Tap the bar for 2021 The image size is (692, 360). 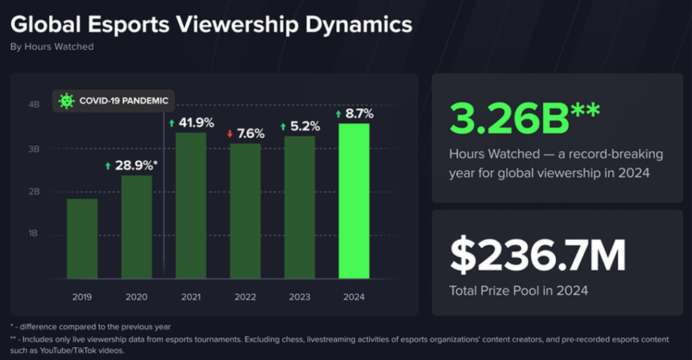click(191, 205)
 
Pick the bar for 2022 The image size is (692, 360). click(245, 211)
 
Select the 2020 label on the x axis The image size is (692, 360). click(136, 297)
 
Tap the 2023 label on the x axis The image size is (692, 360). click(299, 297)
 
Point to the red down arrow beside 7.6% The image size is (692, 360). click(229, 134)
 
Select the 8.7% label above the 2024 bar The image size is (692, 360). click(359, 114)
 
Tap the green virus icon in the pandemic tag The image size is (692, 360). click(66, 101)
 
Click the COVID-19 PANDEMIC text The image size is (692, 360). click(124, 101)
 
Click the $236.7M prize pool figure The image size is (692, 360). click(537, 255)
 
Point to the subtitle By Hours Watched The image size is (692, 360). click(51, 47)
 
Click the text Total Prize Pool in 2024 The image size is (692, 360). click(518, 291)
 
